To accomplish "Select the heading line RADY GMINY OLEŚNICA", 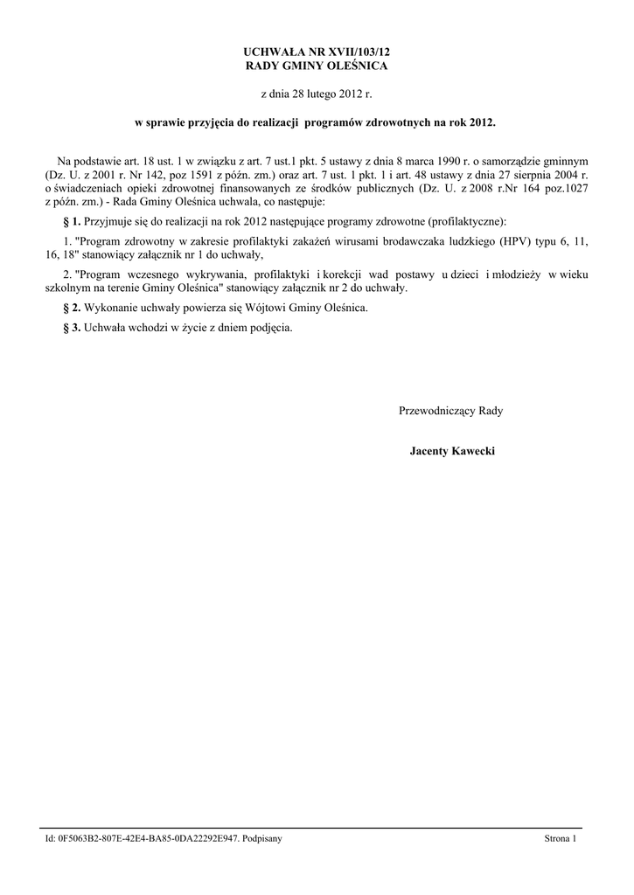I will tap(316, 66).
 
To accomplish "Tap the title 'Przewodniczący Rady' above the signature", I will tap(450, 410).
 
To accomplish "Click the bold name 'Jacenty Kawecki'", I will tap(452, 451).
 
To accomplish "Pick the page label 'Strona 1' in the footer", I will tap(561, 839).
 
